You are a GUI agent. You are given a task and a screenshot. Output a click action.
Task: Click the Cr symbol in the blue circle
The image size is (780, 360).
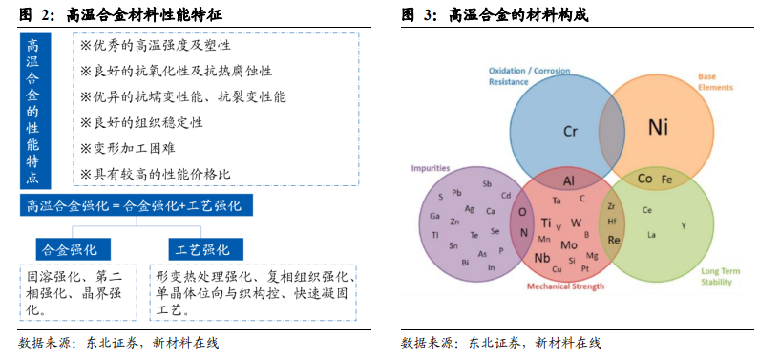(571, 132)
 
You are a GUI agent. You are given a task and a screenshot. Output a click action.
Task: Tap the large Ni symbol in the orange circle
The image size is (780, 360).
(659, 127)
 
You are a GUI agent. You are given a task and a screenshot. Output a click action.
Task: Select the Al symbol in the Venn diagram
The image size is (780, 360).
(569, 181)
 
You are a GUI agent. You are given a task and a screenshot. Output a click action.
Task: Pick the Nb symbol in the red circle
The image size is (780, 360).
(542, 258)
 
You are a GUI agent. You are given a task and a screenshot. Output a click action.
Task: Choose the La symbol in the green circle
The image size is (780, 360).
(652, 234)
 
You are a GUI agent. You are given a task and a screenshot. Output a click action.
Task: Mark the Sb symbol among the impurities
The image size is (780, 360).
(487, 183)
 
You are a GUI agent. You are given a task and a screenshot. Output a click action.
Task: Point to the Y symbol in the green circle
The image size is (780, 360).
(684, 225)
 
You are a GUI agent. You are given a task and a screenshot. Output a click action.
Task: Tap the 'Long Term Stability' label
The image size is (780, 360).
(721, 277)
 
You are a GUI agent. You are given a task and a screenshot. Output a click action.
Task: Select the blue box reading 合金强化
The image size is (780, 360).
(69, 249)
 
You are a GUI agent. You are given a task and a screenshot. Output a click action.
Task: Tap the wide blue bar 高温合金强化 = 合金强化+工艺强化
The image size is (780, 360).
(135, 204)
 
